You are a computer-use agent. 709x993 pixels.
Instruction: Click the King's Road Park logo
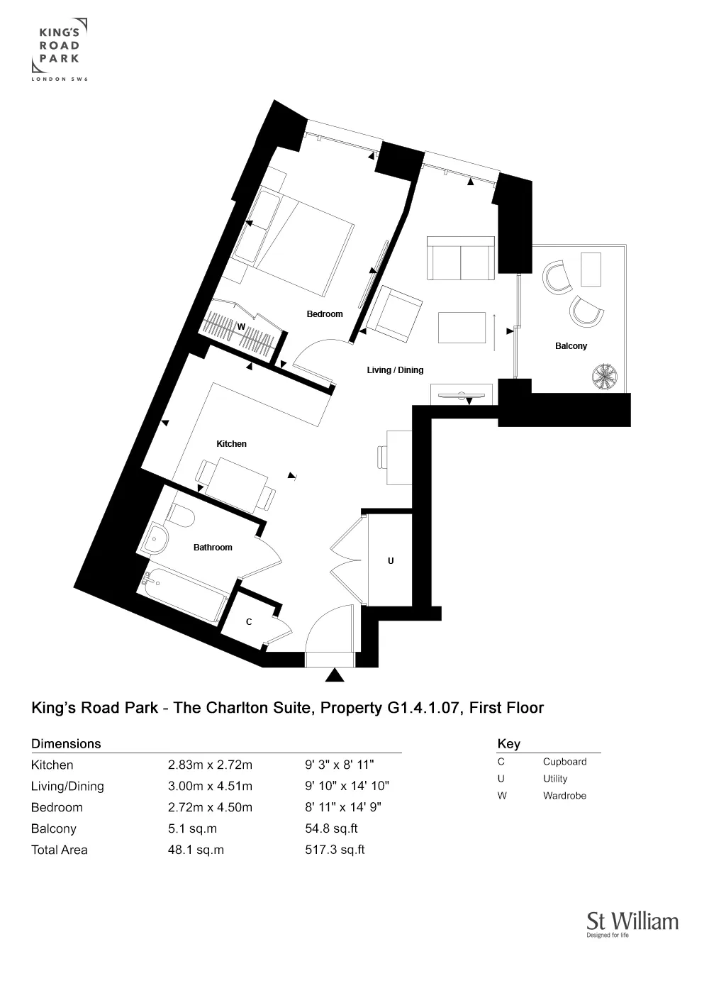(x=60, y=49)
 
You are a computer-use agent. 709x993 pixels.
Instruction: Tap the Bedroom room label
(x=324, y=314)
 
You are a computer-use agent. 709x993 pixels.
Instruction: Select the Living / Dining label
(x=395, y=370)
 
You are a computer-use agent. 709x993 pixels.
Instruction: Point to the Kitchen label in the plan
(x=231, y=443)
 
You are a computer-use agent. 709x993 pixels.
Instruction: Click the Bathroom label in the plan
(x=213, y=547)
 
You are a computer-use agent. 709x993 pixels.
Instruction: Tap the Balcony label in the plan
(x=571, y=345)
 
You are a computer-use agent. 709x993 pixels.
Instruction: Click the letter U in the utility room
(x=390, y=560)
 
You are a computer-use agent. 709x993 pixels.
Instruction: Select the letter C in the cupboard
(x=249, y=621)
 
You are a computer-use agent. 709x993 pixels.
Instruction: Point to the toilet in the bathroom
(x=182, y=516)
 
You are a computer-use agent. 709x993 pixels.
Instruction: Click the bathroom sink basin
(x=155, y=540)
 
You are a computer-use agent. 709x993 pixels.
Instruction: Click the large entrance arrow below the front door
(x=334, y=675)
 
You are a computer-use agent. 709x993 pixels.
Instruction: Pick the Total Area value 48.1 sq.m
(x=196, y=850)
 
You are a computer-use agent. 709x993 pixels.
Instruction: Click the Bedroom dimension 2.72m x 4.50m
(x=210, y=807)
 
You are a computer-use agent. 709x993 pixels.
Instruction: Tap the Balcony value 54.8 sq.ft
(x=331, y=828)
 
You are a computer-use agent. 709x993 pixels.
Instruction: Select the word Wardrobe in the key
(x=564, y=795)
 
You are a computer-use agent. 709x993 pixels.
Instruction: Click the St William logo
(x=632, y=923)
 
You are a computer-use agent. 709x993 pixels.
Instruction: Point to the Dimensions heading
(x=66, y=743)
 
